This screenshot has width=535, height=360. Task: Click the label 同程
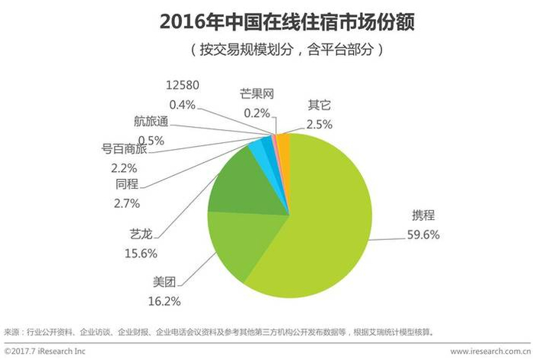point(127,184)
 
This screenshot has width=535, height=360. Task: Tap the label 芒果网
point(256,95)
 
